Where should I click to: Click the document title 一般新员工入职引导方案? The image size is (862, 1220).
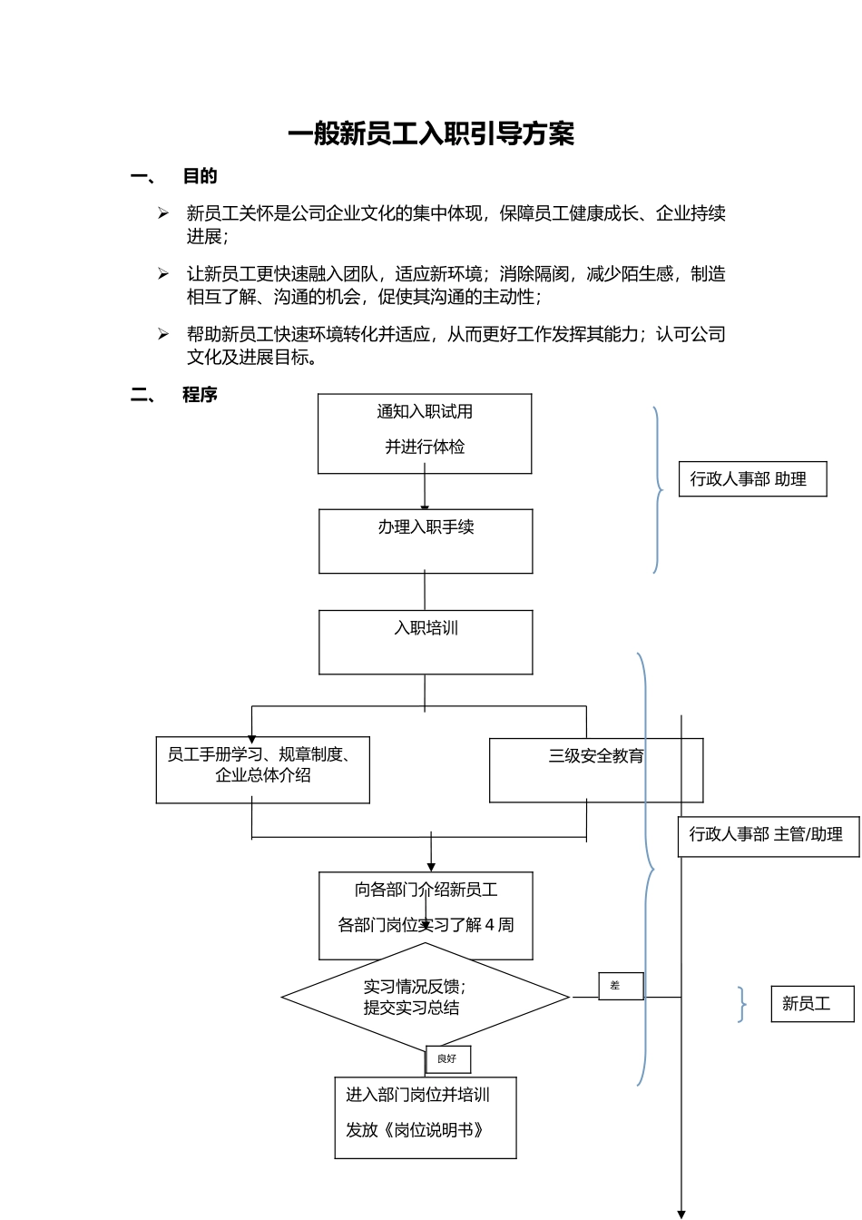click(x=431, y=134)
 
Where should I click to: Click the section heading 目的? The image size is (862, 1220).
click(x=200, y=176)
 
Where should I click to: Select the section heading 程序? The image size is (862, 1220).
click(x=200, y=395)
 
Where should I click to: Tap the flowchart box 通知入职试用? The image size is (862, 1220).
click(x=425, y=433)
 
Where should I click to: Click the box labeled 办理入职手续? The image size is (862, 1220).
click(x=426, y=541)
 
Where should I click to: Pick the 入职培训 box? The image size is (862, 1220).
click(x=426, y=642)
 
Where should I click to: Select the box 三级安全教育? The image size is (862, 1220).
click(x=596, y=770)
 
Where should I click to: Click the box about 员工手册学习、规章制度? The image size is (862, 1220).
click(x=262, y=770)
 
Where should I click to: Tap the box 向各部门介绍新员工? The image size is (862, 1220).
click(x=426, y=915)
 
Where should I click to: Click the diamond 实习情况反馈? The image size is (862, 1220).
click(x=425, y=997)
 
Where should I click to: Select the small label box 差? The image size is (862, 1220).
click(x=621, y=986)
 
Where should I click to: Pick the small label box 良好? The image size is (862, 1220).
click(x=448, y=1059)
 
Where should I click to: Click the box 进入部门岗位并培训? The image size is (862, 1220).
click(x=425, y=1117)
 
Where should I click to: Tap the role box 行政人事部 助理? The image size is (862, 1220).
click(x=752, y=478)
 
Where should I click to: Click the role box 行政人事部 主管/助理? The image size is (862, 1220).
click(x=768, y=835)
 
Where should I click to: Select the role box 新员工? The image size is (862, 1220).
click(x=812, y=1004)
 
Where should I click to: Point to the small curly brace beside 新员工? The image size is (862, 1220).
click(x=742, y=1005)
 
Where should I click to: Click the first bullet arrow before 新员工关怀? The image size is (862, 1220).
click(x=163, y=213)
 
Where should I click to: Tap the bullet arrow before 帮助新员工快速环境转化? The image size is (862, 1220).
click(x=163, y=334)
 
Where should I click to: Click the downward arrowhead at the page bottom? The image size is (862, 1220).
click(x=681, y=1213)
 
